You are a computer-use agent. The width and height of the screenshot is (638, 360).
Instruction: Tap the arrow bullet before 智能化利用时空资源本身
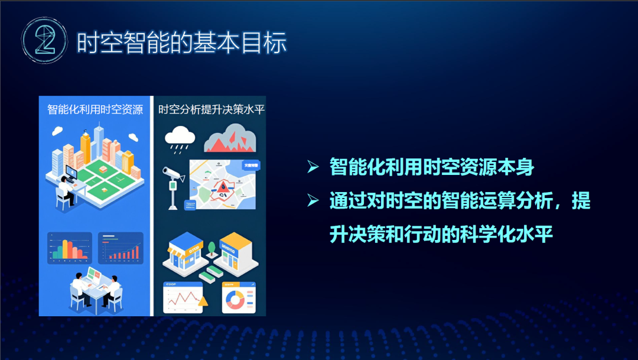click(x=313, y=168)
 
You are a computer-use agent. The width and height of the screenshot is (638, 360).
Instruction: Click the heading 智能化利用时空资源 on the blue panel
click(x=95, y=110)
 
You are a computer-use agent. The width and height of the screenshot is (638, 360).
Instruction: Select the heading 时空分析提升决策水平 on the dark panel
click(x=210, y=110)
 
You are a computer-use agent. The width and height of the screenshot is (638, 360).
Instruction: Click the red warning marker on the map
click(x=223, y=187)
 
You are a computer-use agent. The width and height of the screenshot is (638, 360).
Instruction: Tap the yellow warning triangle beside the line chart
click(x=203, y=302)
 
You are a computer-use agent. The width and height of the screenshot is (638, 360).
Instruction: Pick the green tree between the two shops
click(x=211, y=247)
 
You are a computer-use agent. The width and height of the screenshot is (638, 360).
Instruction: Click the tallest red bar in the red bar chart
click(x=137, y=251)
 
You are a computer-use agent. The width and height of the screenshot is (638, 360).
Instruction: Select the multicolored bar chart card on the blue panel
click(x=69, y=248)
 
